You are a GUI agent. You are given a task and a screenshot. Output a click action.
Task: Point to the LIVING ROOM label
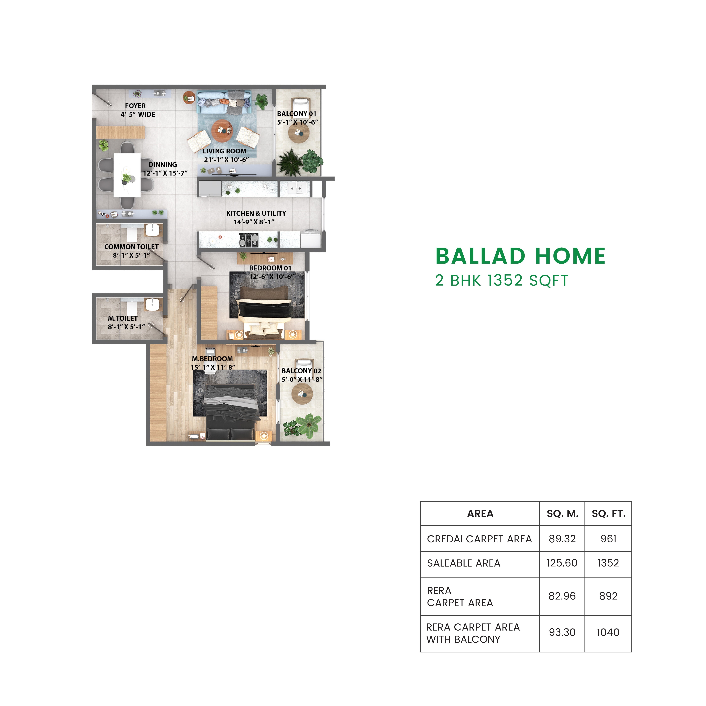(224, 151)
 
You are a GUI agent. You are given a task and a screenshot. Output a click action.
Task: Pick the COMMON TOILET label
(131, 247)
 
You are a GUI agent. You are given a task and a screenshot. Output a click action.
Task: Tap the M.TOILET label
(123, 318)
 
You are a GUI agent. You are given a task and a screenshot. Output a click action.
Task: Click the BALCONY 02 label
(301, 371)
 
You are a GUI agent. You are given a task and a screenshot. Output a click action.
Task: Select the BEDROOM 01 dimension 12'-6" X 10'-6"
(271, 277)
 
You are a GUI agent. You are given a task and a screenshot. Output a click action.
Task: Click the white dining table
(127, 175)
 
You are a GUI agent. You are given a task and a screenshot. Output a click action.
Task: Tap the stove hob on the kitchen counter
(249, 240)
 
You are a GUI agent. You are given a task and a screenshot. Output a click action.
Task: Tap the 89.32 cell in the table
(562, 539)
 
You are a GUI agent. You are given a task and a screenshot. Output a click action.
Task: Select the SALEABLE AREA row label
(463, 563)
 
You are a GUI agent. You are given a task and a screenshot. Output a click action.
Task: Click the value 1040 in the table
(608, 632)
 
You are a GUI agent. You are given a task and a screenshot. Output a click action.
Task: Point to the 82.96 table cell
(562, 596)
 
